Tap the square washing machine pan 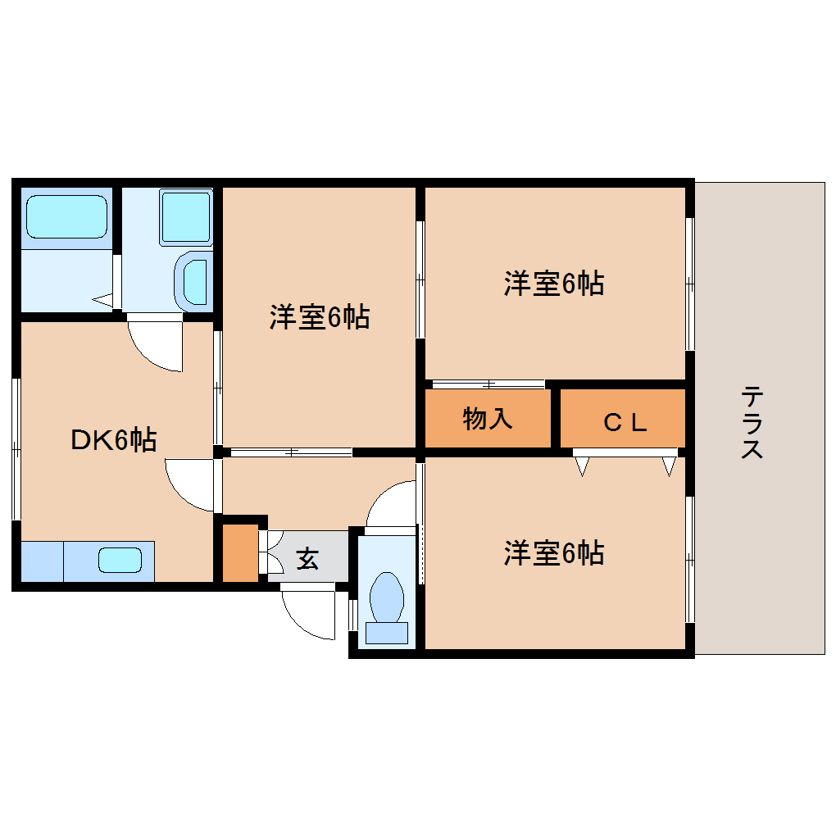(186, 217)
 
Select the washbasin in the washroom (195, 281)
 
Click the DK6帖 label (113, 440)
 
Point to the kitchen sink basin (120, 561)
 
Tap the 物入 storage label (488, 419)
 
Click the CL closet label (625, 422)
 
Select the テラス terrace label (752, 423)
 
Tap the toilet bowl (387, 596)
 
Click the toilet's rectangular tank (387, 632)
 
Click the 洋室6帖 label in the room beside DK (319, 316)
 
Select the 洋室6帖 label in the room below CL (554, 553)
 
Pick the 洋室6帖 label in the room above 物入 (554, 284)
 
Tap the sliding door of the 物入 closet (488, 384)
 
